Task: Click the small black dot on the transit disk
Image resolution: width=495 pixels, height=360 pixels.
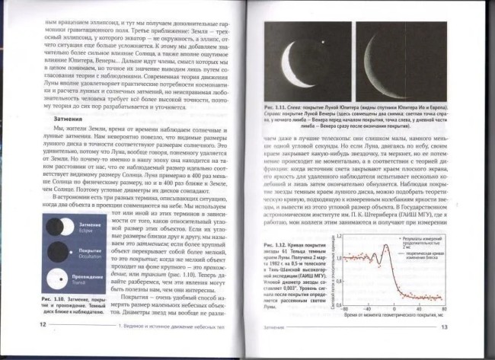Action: coord(61,279)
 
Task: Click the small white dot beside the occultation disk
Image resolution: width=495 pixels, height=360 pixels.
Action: coord(71,252)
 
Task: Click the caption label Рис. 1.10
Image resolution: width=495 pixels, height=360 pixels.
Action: coord(51,299)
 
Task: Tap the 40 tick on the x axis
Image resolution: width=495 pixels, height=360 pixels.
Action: coord(418,307)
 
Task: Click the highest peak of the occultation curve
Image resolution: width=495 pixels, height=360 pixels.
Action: coord(386,245)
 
